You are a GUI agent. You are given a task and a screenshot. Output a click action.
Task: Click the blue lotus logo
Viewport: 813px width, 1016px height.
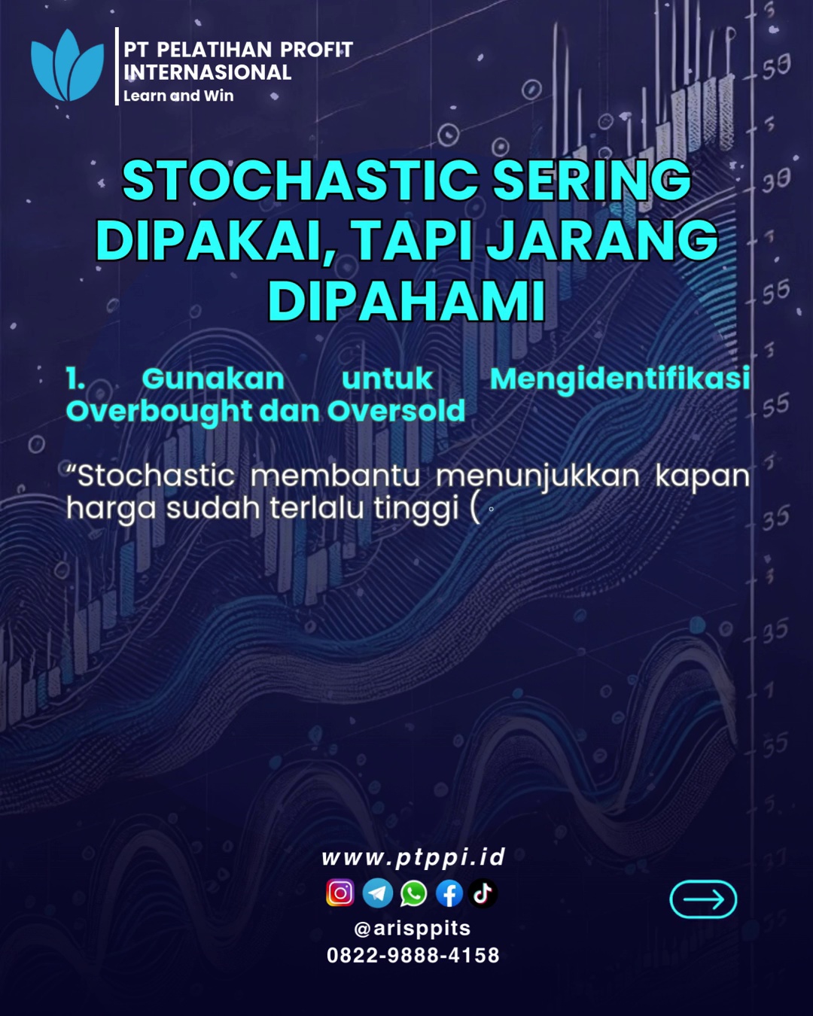click(67, 65)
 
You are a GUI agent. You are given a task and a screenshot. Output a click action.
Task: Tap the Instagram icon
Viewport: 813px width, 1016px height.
click(340, 893)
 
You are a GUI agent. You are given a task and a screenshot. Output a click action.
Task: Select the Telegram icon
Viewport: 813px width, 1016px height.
click(377, 893)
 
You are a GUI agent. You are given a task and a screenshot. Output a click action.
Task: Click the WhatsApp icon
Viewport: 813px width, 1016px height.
click(413, 893)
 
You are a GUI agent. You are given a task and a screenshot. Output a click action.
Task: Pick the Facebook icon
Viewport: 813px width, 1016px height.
click(449, 893)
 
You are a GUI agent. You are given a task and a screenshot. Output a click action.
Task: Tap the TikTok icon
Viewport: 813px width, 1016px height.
click(483, 893)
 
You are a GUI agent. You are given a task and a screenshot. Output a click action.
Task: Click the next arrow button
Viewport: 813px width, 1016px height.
click(703, 899)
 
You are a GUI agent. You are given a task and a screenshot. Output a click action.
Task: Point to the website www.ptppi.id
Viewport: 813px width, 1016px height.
click(413, 857)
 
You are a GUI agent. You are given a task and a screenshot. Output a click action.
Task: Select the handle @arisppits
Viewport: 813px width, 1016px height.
click(412, 928)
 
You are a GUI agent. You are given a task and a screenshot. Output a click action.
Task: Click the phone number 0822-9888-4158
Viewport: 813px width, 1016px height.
click(413, 955)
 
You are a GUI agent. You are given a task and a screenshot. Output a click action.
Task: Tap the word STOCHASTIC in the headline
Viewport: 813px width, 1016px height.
click(300, 180)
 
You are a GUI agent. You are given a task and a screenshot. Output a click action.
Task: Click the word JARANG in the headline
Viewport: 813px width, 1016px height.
click(601, 240)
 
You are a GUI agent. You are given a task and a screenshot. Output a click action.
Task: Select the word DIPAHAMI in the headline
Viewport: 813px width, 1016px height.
click(406, 300)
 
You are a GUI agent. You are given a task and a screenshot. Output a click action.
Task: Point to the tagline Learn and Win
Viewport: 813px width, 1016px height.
click(178, 96)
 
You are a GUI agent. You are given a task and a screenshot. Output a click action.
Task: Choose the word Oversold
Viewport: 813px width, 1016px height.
click(397, 411)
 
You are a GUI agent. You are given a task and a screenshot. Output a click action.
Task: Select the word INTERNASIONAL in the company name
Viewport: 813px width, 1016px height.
click(207, 72)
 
